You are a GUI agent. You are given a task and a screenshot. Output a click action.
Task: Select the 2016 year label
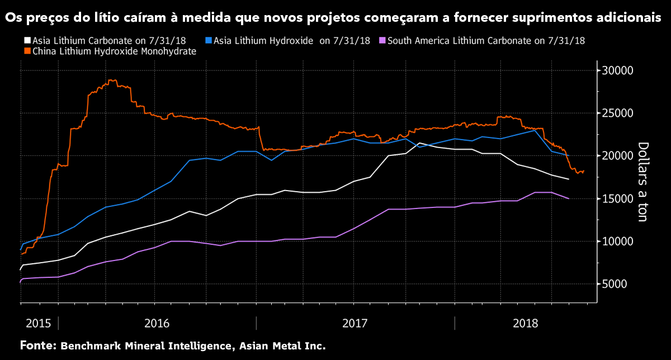[x=157, y=323]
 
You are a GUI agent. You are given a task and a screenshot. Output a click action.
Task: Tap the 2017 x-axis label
[x=355, y=323]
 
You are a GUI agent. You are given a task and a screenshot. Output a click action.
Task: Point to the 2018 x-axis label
[x=525, y=323]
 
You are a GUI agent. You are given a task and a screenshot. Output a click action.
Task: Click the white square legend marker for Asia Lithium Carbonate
[x=27, y=41]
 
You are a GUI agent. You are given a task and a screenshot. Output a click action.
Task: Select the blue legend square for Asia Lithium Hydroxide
[x=209, y=41]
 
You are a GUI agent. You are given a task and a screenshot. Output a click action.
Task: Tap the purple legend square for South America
[x=382, y=41]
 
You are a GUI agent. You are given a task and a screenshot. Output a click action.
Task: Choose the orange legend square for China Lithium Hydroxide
[x=27, y=51]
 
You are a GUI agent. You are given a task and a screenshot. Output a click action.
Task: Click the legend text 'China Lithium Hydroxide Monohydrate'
[x=114, y=51]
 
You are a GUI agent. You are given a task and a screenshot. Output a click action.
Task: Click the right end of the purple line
[x=569, y=198]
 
